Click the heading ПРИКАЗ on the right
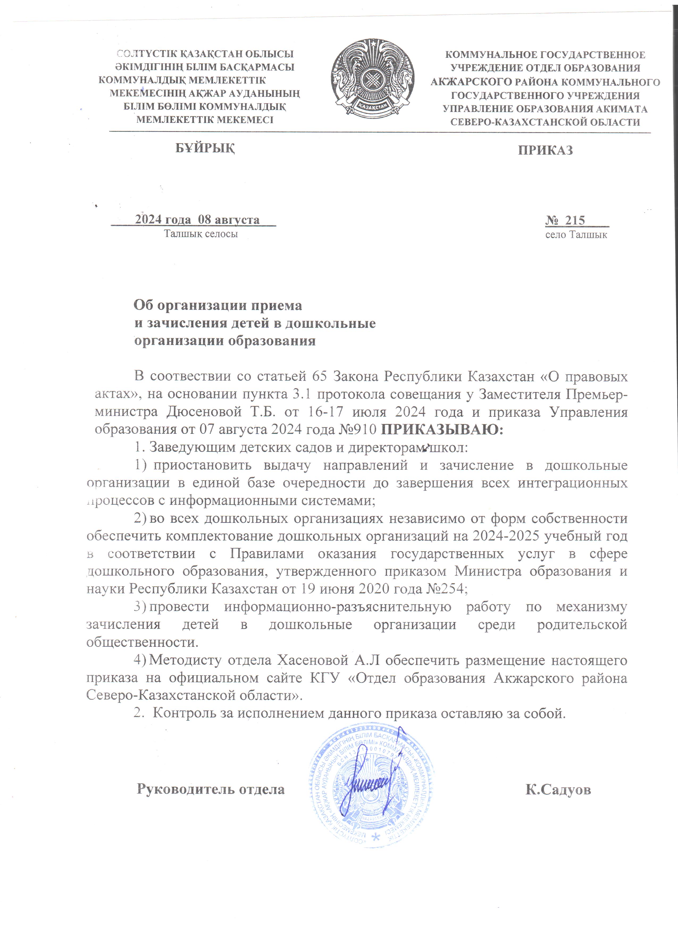545,150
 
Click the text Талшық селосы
201,234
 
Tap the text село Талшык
576,235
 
